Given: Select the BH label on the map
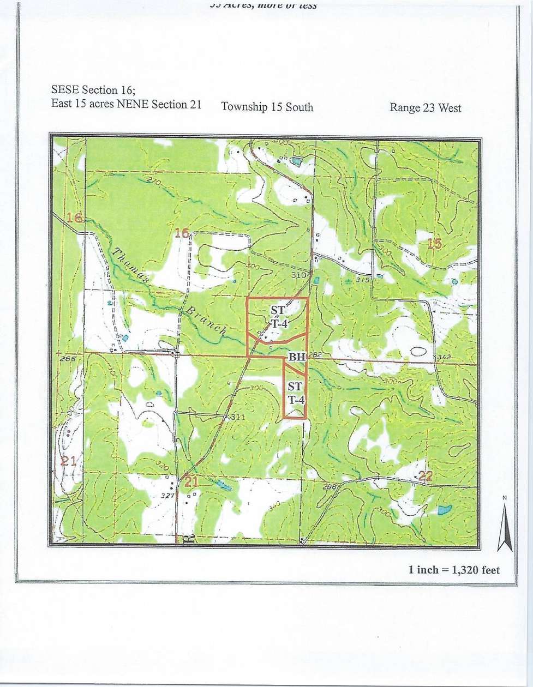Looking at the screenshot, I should (x=296, y=358).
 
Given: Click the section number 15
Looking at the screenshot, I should (x=434, y=243).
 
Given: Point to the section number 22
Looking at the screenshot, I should (x=426, y=476).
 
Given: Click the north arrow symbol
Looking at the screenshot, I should (x=505, y=523).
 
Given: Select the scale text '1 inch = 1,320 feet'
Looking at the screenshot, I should (x=454, y=570).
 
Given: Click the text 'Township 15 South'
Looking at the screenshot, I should (x=267, y=106).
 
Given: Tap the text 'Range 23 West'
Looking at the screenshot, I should (x=425, y=107).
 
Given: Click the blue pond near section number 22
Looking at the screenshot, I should (x=444, y=510).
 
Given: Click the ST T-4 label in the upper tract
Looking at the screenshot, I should (x=278, y=316).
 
